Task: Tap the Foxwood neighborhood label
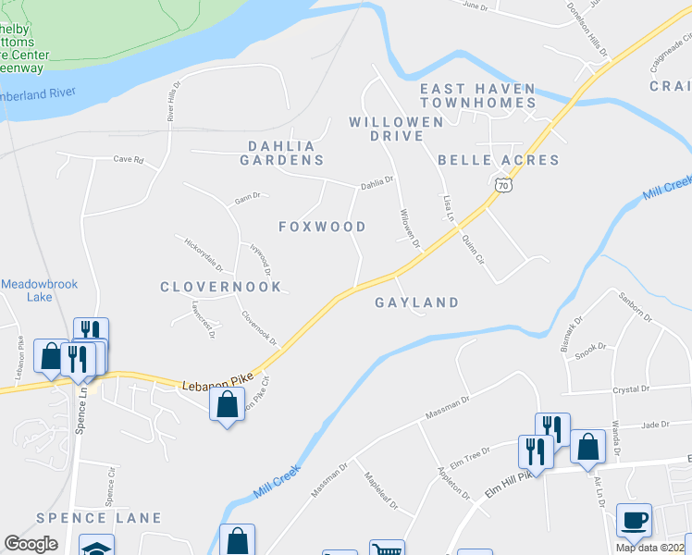[323, 227]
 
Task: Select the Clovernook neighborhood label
[220, 287]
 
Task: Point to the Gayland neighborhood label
[417, 302]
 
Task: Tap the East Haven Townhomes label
[477, 95]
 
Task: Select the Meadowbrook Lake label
[39, 290]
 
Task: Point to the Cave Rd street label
[129, 160]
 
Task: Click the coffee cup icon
[634, 520]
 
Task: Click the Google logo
[31, 544]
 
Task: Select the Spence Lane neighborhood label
[99, 518]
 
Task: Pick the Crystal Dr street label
[631, 390]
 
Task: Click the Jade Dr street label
[654, 425]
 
